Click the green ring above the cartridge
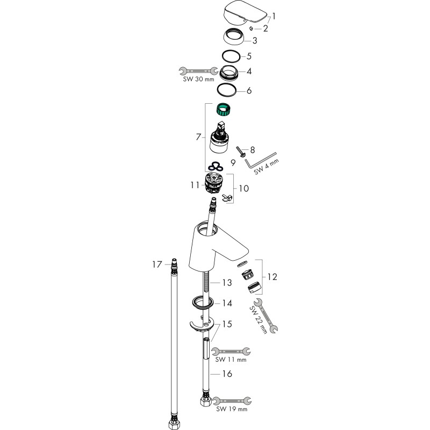click(223, 109)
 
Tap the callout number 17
click(157, 264)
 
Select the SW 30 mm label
click(198, 79)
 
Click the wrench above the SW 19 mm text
click(232, 400)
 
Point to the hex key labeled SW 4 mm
click(260, 161)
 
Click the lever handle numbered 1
click(245, 13)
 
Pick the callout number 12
click(273, 277)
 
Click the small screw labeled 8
click(240, 152)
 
